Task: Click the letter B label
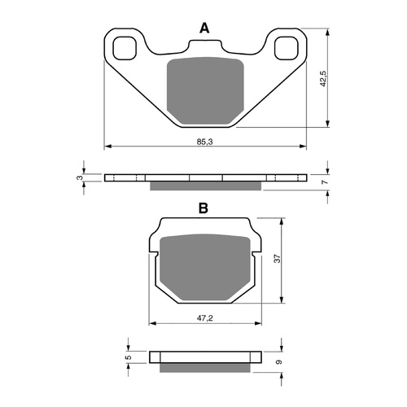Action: coord(203,208)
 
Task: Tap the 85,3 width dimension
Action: coord(205,142)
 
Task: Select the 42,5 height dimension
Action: coord(323,79)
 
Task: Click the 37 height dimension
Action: coord(277,258)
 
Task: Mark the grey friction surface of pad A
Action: coord(204,90)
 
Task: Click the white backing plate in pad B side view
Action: coord(203,356)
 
